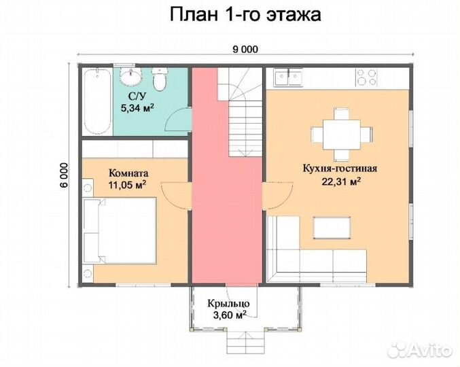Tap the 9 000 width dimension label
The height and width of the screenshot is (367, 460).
245,48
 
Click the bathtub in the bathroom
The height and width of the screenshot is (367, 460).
96,101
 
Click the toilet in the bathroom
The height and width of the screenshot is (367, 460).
160,80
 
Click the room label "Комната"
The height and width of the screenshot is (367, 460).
129,173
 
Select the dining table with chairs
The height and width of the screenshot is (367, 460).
338,133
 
